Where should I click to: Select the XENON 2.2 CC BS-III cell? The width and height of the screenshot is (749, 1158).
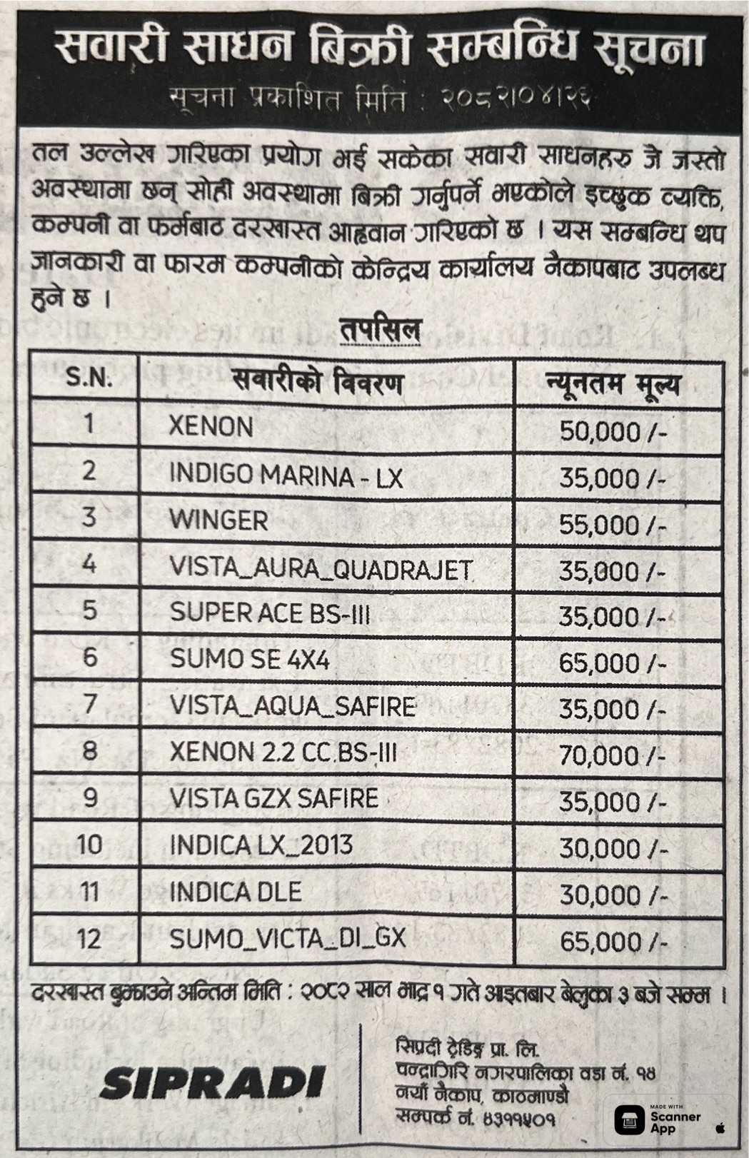[x=283, y=752]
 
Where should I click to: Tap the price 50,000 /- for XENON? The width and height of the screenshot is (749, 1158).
[x=612, y=431]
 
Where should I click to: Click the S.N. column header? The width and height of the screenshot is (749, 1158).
[x=89, y=378]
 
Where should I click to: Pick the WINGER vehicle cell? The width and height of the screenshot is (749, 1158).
[x=218, y=520]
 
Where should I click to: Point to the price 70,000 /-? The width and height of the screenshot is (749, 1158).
[x=612, y=755]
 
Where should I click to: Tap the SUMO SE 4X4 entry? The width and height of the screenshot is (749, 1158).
[x=249, y=660]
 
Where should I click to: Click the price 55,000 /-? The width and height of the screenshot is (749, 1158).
[x=612, y=525]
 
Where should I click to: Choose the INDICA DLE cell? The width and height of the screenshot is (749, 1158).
[x=235, y=892]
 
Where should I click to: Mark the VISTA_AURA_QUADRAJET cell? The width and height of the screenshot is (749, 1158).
[x=321, y=568]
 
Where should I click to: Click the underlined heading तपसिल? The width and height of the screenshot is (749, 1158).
[x=380, y=331]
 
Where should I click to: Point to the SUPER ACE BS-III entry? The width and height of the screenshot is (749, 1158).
[x=270, y=613]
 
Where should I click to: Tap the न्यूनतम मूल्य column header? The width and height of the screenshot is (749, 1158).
[x=613, y=384]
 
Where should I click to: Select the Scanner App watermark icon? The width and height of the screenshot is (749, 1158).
[x=629, y=1119]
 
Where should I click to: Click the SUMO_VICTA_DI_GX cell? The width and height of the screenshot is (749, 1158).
[x=287, y=938]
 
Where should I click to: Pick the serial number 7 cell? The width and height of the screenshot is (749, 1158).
[x=89, y=705]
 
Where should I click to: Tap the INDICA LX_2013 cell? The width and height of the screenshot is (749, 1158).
[x=261, y=845]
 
